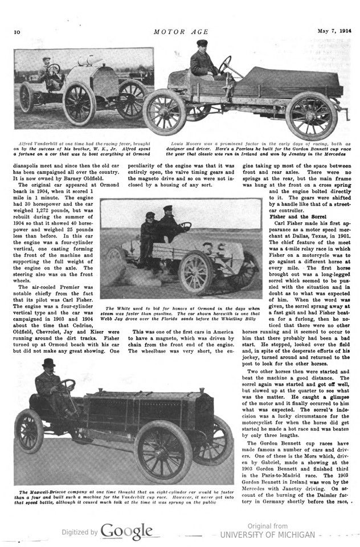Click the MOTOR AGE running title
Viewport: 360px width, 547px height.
pos(181,32)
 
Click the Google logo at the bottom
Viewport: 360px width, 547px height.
pos(126,531)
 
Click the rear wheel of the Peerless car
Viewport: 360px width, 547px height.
pos(312,115)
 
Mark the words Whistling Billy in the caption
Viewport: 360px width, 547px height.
pos(241,320)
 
